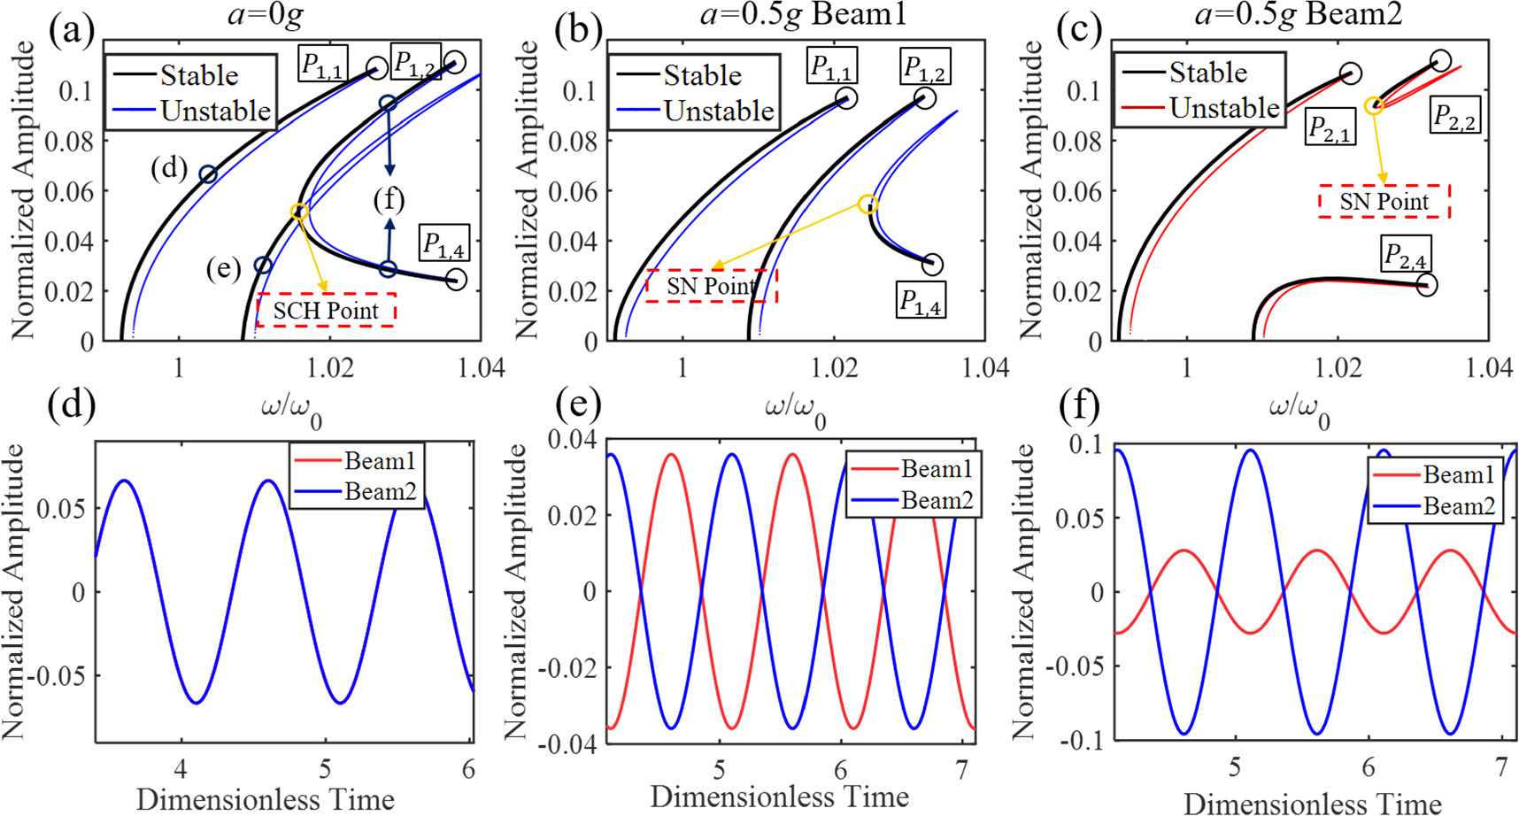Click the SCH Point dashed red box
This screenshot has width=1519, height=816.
click(326, 310)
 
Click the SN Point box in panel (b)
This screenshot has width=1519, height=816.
click(711, 286)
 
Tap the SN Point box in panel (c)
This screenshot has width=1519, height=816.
click(1384, 201)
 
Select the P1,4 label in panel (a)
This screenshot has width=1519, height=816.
click(444, 243)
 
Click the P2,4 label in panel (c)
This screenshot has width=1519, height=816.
click(1405, 256)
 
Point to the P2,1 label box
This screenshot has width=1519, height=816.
click(1330, 127)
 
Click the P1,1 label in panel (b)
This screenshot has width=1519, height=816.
click(831, 65)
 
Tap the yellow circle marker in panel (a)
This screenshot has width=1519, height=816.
click(299, 212)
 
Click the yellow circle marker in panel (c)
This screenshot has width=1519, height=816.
click(1373, 106)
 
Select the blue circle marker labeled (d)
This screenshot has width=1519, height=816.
click(208, 174)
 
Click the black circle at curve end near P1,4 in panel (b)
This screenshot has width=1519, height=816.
click(932, 264)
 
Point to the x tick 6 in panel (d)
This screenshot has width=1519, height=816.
click(468, 768)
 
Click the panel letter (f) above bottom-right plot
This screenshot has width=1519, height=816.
click(1079, 406)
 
